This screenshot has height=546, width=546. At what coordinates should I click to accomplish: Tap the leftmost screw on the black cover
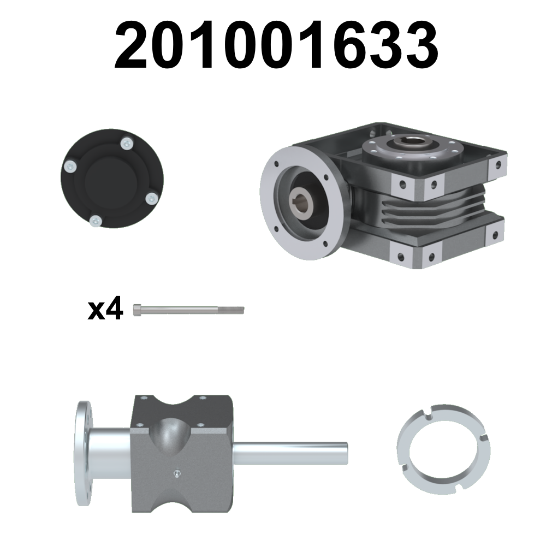[x=70, y=167]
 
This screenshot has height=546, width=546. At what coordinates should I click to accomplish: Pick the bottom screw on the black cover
[x=96, y=221]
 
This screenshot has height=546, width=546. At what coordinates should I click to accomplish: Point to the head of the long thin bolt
[x=138, y=310]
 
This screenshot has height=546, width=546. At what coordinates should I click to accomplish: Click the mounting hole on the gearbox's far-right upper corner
[x=498, y=163]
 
